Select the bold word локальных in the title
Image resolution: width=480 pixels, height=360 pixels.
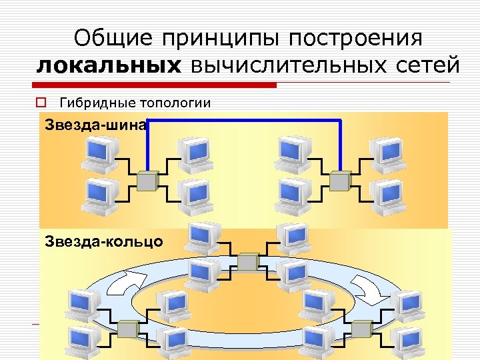coord(108,66)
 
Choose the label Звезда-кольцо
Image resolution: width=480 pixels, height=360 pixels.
coord(103,241)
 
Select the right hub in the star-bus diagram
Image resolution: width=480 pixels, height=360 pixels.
coord(341,179)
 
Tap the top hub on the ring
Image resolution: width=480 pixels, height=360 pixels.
coord(248,261)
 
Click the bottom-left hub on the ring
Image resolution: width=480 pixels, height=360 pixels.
coord(127,328)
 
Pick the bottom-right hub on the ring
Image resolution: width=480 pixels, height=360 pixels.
coord(361,328)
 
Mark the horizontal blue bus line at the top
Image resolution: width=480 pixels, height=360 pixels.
coord(244,120)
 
